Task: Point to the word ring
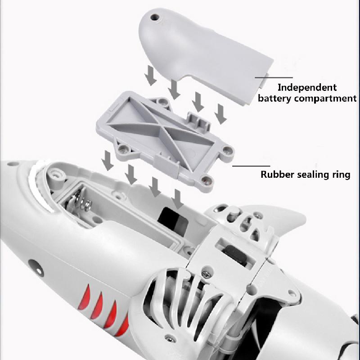pyautogui.click(x=340, y=175)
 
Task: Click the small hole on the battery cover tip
pyautogui.click(x=157, y=18)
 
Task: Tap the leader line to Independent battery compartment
pyautogui.click(x=274, y=77)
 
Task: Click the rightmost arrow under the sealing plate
pyautogui.click(x=178, y=198)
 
